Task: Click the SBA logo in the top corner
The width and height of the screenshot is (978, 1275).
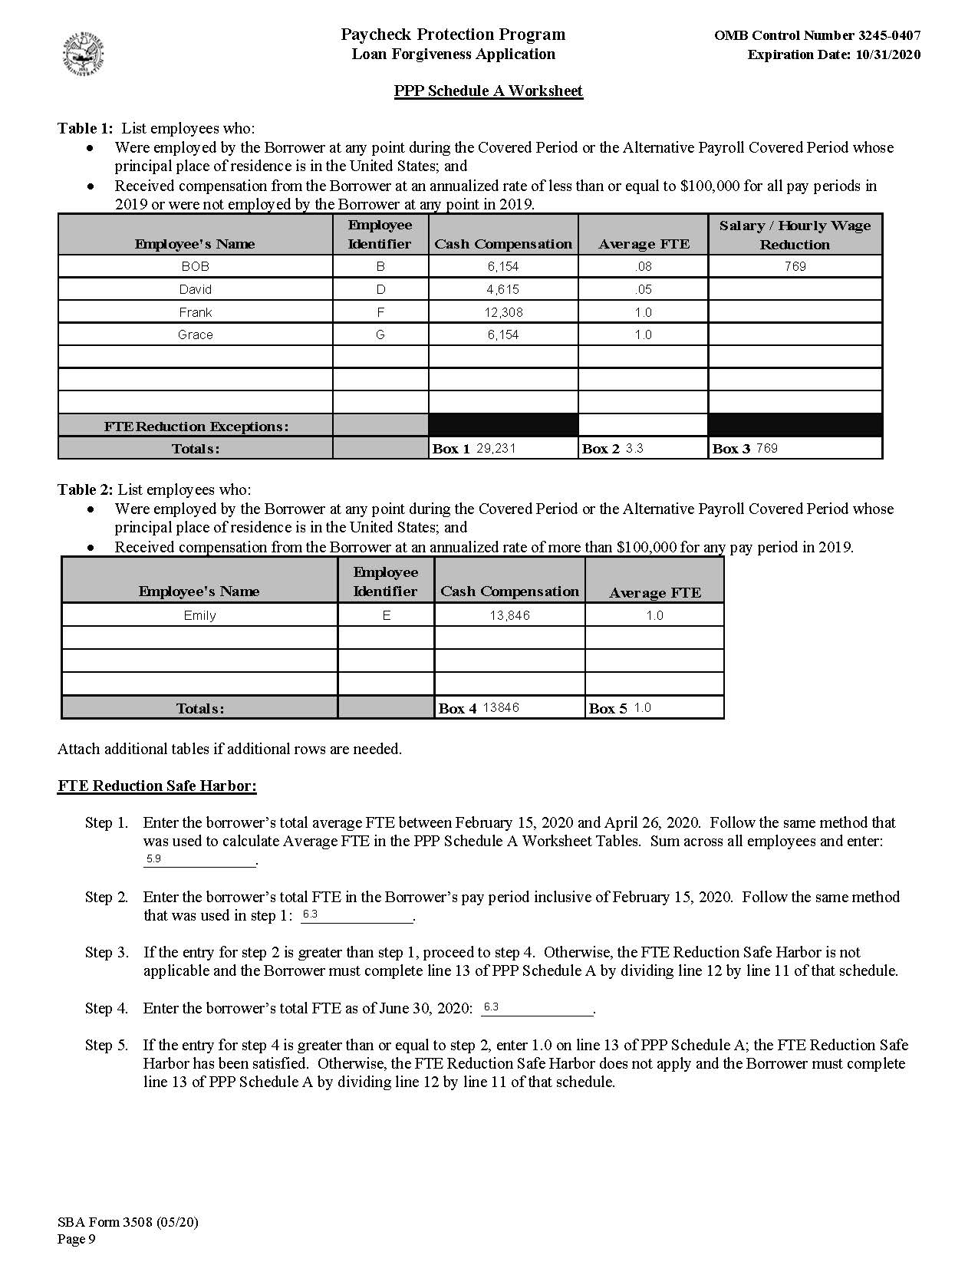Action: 83,56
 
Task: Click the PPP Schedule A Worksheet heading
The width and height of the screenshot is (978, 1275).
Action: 488,91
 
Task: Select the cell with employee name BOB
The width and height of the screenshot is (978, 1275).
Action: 195,266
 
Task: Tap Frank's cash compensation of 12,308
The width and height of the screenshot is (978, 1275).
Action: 502,312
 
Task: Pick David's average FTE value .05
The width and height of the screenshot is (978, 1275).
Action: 643,289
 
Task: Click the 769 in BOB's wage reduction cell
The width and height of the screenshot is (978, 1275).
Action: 795,266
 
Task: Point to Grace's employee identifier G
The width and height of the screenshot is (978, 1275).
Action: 380,334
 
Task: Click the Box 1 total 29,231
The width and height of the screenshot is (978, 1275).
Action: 496,448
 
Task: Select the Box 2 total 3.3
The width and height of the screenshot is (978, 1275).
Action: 634,448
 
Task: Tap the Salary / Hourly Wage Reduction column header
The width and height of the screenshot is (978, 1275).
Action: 795,235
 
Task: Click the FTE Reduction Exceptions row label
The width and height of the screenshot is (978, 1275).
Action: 196,427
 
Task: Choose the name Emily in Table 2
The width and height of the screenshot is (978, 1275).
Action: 199,615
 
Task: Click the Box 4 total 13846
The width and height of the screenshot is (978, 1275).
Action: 501,707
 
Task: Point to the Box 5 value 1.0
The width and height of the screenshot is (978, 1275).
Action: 642,707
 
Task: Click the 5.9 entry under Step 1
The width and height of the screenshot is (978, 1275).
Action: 153,859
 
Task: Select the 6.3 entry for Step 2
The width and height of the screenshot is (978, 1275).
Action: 310,914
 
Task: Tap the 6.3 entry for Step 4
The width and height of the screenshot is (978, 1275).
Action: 491,1006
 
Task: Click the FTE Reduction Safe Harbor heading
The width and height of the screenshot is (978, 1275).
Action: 156,786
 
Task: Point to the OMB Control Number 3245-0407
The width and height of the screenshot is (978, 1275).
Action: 817,35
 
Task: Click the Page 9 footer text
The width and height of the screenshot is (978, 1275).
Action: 77,1240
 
